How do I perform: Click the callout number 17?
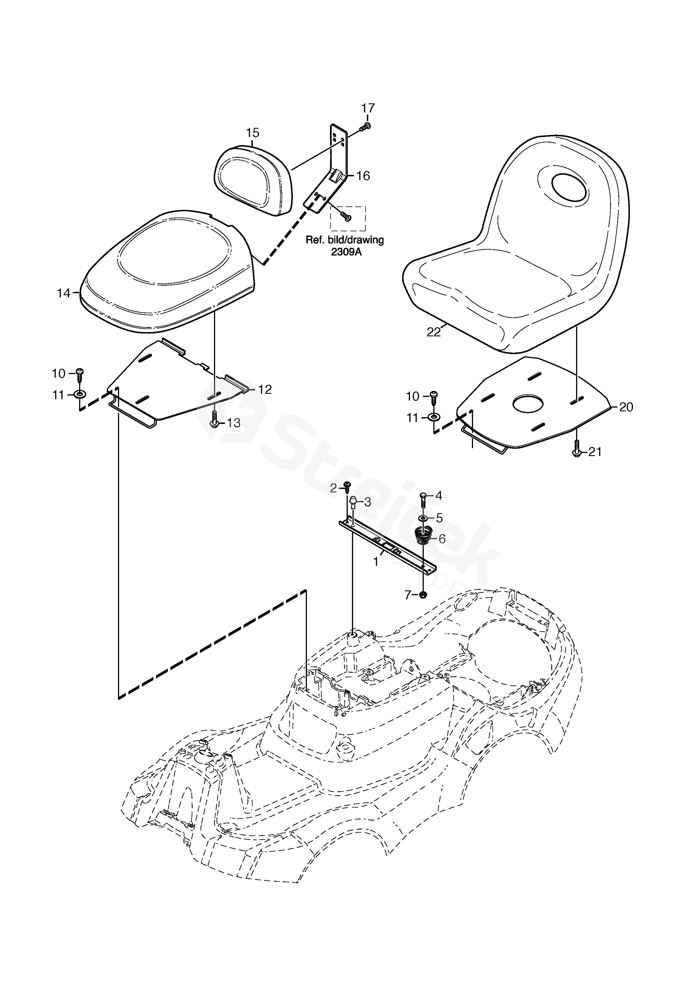368,108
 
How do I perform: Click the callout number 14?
64,293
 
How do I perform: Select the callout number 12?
265,390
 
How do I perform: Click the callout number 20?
626,407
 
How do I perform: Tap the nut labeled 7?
423,595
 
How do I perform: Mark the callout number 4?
438,496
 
